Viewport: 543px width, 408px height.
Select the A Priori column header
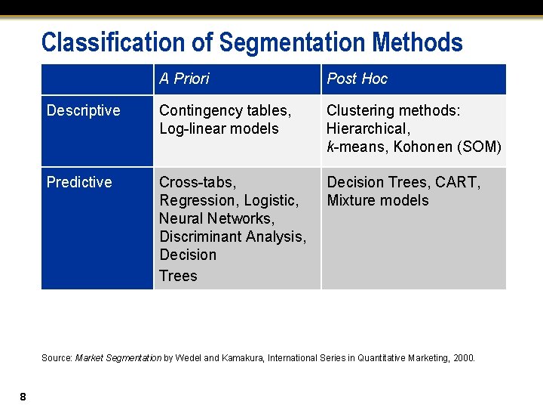pyautogui.click(x=184, y=79)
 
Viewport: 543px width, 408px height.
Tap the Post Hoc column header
pyautogui.click(x=357, y=79)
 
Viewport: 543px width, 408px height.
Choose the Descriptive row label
pyautogui.click(x=83, y=110)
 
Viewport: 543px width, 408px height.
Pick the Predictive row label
pyautogui.click(x=79, y=182)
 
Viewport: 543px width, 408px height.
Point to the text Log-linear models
pyautogui.click(x=219, y=128)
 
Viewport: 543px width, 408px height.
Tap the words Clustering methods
pyautogui.click(x=393, y=110)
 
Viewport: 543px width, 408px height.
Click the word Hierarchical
pyautogui.click(x=368, y=128)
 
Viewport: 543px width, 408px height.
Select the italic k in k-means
pyautogui.click(x=330, y=147)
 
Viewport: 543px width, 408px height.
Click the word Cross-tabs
pyautogui.click(x=197, y=182)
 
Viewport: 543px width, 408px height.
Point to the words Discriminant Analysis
pyautogui.click(x=232, y=236)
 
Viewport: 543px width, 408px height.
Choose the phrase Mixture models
pyautogui.click(x=377, y=200)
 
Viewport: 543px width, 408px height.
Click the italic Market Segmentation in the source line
pyautogui.click(x=118, y=357)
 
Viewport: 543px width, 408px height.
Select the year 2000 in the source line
pyautogui.click(x=464, y=357)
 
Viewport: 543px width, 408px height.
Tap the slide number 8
pyautogui.click(x=23, y=397)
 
